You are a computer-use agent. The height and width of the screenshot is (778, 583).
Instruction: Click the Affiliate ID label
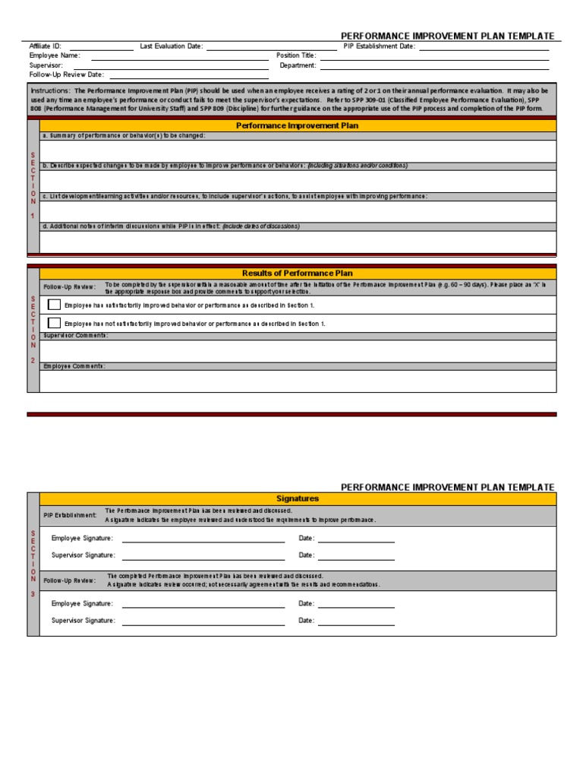coord(45,46)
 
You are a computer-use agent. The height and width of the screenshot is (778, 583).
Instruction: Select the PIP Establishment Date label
coord(379,46)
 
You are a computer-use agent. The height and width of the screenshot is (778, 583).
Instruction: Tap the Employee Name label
coord(55,55)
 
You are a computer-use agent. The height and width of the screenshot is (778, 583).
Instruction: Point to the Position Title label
coord(296,55)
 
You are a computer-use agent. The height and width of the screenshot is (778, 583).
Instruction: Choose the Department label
coord(298,65)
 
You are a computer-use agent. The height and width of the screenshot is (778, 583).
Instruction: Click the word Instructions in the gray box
coord(49,90)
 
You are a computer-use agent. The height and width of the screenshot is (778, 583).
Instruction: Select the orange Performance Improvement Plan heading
coord(297,125)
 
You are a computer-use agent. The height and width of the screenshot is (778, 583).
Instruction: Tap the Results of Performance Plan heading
coord(297,273)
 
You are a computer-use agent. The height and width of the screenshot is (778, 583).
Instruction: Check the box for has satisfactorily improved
coord(54,305)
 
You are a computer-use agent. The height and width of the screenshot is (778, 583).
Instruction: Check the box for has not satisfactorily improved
coord(54,323)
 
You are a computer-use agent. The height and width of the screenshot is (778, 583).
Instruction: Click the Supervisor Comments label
coord(76,336)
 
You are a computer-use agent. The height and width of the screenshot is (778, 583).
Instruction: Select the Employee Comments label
coord(74,366)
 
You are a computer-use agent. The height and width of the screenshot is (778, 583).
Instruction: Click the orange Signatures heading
coord(297,498)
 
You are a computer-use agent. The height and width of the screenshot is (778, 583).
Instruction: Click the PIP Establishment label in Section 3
coord(70,515)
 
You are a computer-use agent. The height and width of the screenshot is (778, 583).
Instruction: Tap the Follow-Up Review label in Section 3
coord(70,580)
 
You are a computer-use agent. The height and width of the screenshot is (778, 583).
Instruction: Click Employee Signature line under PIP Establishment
coord(203,539)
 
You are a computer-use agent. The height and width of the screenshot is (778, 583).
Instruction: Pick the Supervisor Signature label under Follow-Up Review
coord(84,621)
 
